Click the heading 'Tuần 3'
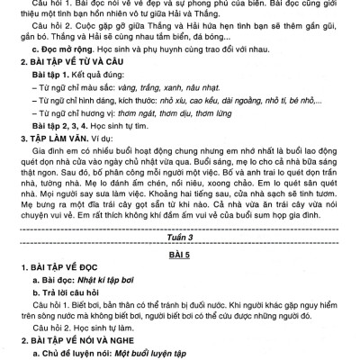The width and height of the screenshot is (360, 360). [180, 237]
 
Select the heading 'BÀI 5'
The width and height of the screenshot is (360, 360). [180, 254]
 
